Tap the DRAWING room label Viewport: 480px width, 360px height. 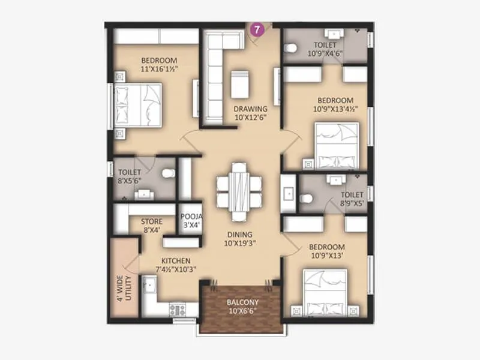250,113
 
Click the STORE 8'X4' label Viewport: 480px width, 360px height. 151,225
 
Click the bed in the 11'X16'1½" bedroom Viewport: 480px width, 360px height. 139,103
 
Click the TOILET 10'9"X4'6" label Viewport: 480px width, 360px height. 325,49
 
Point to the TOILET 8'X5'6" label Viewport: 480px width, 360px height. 130,175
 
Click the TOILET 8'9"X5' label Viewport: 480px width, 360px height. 352,199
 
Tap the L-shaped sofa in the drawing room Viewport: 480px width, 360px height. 214,72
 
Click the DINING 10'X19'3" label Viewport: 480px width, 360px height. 239,238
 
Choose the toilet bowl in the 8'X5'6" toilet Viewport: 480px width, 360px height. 167,173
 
